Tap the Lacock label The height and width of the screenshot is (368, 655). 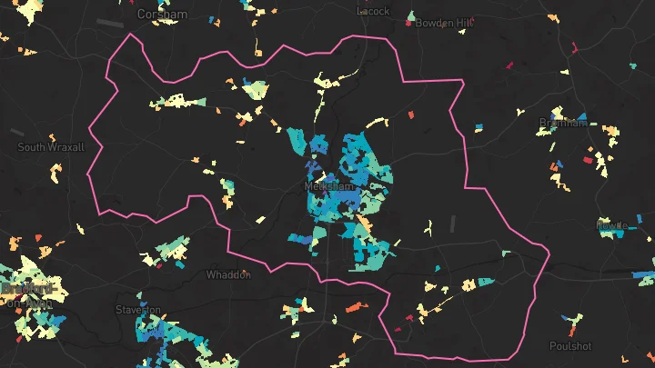(374, 11)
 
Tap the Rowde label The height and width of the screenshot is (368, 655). (611, 224)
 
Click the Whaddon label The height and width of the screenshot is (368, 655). (227, 274)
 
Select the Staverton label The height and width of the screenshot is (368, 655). (138, 310)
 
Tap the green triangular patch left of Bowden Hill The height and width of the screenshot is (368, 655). (411, 16)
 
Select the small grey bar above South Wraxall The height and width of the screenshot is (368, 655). (17, 132)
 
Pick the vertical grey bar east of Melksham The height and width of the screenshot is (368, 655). (451, 224)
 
